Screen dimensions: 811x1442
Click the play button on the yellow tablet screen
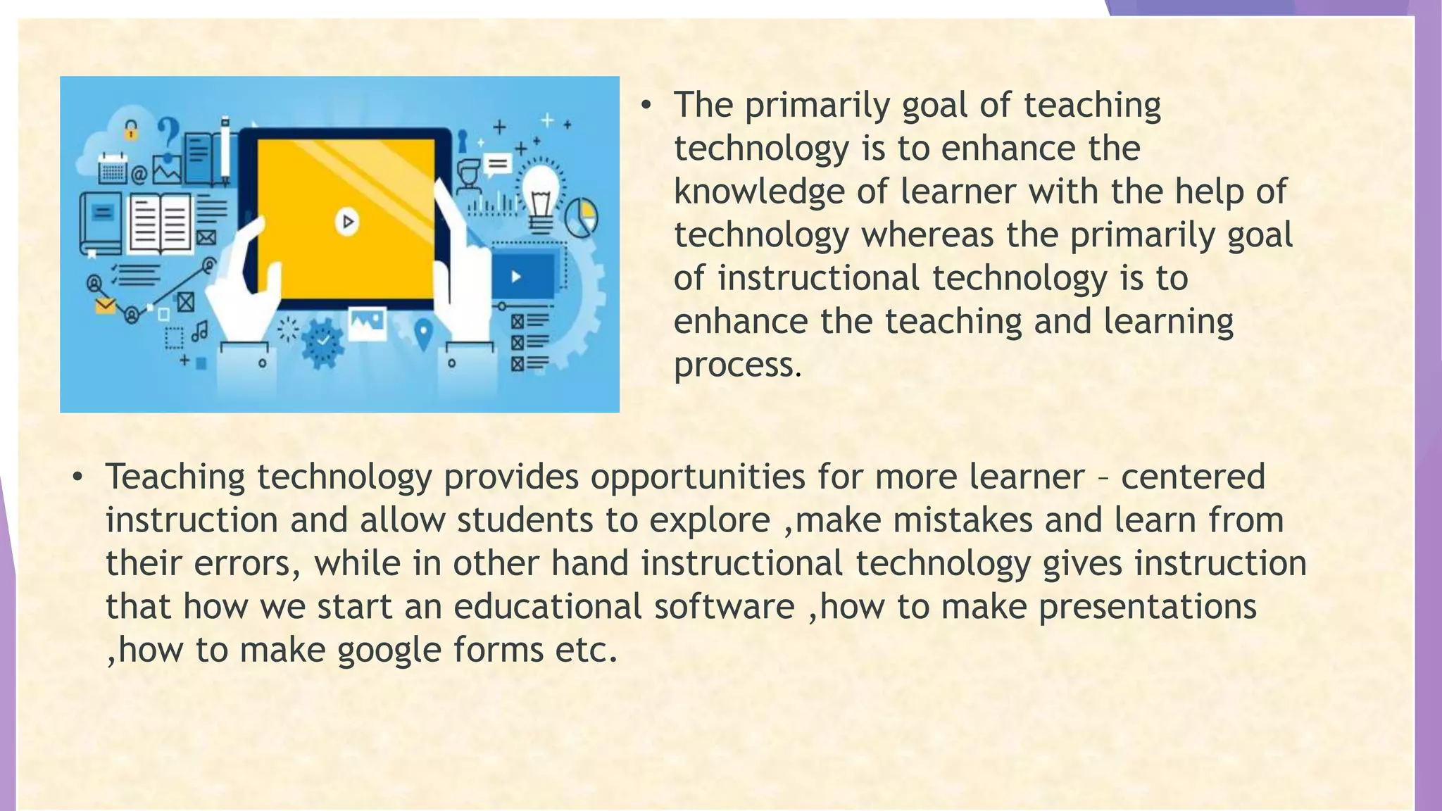[346, 222]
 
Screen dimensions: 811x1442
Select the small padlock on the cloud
[131, 130]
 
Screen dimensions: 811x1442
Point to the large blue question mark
[168, 134]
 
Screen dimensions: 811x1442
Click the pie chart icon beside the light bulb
[581, 217]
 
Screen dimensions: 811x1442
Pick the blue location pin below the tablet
[422, 333]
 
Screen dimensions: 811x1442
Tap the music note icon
[200, 330]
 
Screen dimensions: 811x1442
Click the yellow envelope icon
[105, 306]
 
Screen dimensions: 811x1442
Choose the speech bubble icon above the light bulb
[498, 165]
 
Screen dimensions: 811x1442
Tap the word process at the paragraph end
[737, 365]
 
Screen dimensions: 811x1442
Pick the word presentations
[1147, 607]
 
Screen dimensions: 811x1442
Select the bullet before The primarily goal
[646, 106]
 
